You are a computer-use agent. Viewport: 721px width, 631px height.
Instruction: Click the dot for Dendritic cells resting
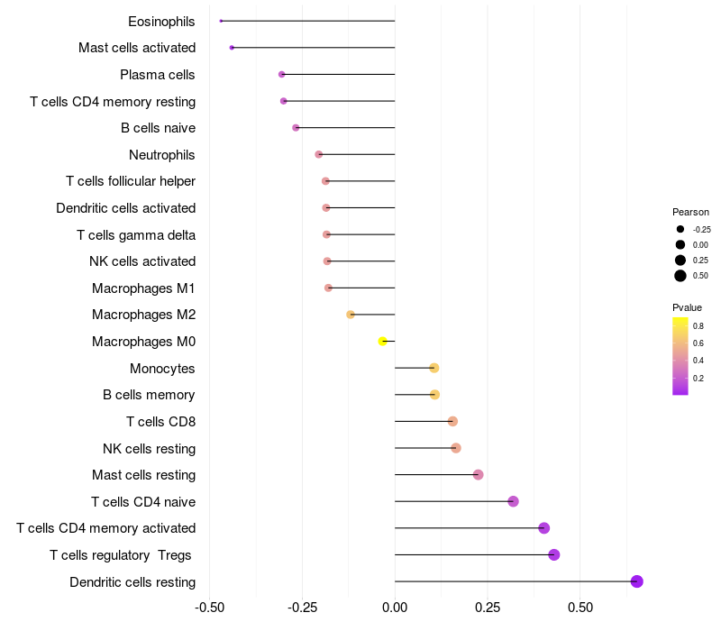(x=637, y=581)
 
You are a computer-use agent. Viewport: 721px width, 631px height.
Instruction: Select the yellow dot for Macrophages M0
(x=383, y=342)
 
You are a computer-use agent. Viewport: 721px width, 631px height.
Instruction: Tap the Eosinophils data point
(x=221, y=21)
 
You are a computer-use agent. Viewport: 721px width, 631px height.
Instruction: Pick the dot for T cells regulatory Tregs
(x=554, y=554)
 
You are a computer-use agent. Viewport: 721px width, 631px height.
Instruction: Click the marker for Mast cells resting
(x=479, y=475)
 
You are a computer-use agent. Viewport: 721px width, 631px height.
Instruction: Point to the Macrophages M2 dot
(x=351, y=315)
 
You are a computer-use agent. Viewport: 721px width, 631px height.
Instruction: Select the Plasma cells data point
(x=282, y=74)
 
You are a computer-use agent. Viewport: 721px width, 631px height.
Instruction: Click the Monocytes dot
(x=434, y=368)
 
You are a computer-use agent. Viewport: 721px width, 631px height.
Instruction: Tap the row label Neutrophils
(x=162, y=155)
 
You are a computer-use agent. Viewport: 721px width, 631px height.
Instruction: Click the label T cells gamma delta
(x=136, y=235)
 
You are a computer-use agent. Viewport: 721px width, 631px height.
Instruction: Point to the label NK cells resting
(x=150, y=448)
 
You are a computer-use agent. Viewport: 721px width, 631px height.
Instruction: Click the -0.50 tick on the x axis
(x=210, y=608)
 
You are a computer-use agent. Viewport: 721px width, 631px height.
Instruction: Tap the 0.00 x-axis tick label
(x=395, y=608)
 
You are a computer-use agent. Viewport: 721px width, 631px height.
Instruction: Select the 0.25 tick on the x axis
(x=488, y=608)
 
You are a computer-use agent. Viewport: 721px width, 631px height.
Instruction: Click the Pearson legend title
(x=691, y=212)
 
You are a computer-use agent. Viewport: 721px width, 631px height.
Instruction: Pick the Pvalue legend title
(x=688, y=307)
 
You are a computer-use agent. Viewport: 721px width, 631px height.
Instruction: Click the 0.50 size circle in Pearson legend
(x=680, y=276)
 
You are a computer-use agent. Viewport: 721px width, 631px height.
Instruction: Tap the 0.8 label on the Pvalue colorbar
(x=698, y=325)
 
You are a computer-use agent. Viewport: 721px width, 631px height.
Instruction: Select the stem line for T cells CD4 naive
(x=451, y=501)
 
